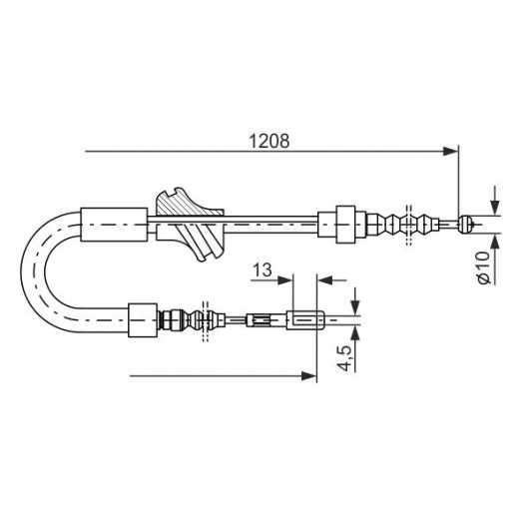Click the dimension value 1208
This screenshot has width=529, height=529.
click(268, 141)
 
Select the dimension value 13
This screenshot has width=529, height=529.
click(263, 269)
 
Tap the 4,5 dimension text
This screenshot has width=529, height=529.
click(345, 358)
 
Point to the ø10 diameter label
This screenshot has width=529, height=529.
click(484, 267)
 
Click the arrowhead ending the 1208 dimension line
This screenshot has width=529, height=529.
click(450, 152)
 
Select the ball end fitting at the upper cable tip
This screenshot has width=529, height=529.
click(465, 224)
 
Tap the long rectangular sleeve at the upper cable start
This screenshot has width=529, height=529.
click(114, 225)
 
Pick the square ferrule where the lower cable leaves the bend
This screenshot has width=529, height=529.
click(143, 320)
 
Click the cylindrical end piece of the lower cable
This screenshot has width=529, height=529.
click(305, 320)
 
